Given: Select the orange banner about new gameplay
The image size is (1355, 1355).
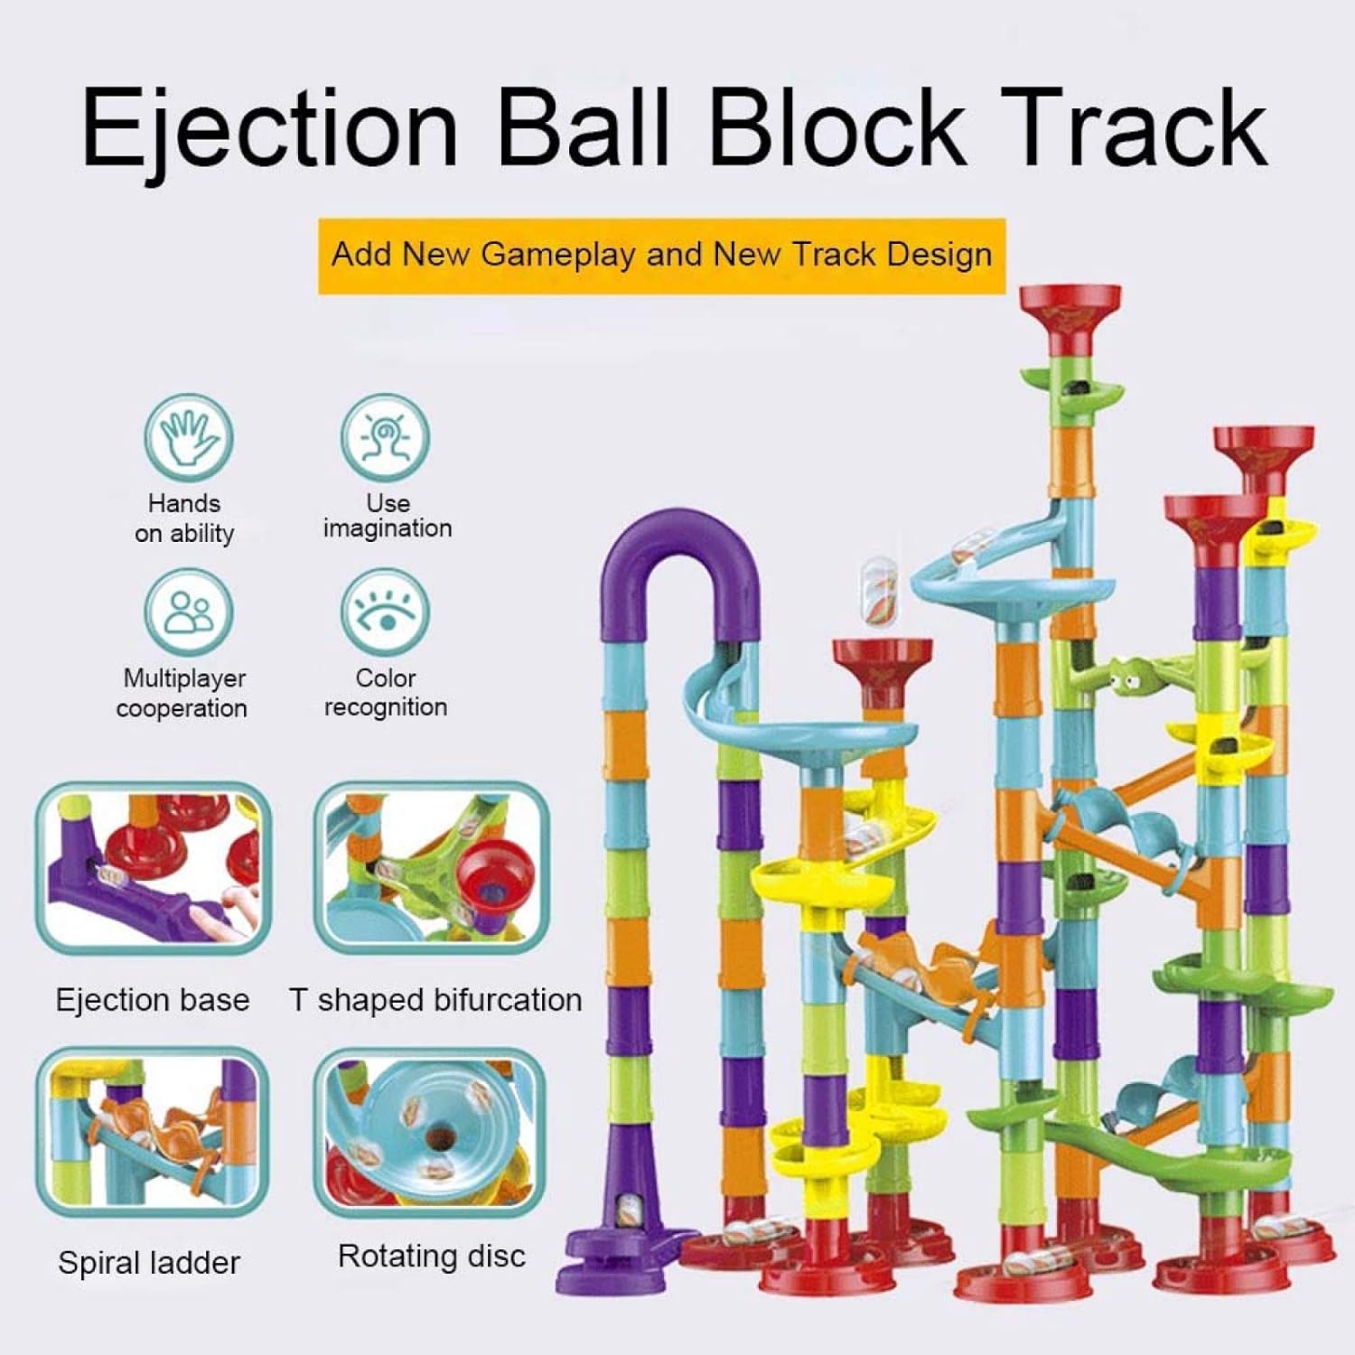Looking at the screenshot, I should coord(661,256).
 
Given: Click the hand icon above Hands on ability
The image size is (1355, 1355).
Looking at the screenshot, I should coord(189,437).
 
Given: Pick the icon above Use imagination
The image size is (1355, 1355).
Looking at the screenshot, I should coord(385,437).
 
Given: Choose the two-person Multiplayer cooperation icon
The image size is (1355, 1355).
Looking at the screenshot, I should coord(189,612).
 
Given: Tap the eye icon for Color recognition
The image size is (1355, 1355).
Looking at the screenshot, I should coord(385,612).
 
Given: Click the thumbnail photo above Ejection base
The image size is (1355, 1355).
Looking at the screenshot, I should coord(154,867).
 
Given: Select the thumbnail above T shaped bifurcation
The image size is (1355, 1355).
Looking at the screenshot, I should coord(432,867).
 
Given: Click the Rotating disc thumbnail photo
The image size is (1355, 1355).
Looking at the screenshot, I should coord(430,1132).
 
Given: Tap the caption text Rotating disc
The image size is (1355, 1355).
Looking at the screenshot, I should coord(431,1257).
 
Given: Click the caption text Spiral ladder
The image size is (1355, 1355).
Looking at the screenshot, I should coord(149,1262).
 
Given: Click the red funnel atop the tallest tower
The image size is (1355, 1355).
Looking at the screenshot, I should coord(1070,312).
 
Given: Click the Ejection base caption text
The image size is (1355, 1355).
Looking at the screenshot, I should coord(153,1000).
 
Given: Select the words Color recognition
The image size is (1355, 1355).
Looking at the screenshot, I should coord(386,692).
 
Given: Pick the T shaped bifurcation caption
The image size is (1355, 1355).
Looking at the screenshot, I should coord(435,1000).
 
